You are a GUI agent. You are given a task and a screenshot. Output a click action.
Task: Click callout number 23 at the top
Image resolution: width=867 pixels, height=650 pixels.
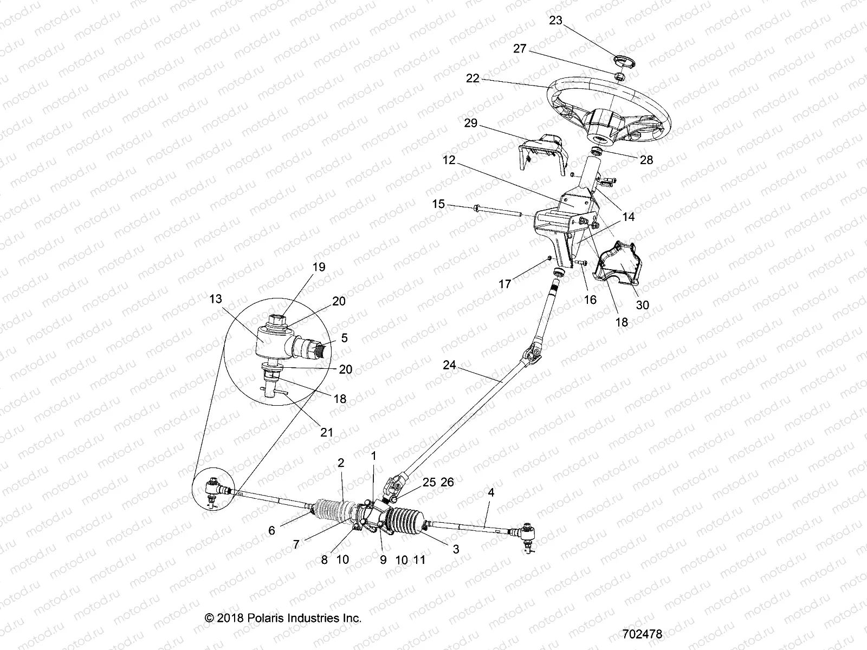click(555, 21)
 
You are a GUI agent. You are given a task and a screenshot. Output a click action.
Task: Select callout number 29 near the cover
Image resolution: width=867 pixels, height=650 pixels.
click(470, 123)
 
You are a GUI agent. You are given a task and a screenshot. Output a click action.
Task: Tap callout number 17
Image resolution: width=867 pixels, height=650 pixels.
click(504, 284)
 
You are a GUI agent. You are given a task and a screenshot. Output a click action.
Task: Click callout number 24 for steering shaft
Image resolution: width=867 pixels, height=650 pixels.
click(449, 365)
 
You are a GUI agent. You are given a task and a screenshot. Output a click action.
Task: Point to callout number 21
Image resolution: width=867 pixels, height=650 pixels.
click(326, 433)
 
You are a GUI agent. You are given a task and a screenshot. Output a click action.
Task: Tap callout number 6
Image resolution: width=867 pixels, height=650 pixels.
click(272, 530)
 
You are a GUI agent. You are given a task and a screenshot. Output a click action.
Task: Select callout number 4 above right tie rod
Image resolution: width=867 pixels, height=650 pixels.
click(491, 493)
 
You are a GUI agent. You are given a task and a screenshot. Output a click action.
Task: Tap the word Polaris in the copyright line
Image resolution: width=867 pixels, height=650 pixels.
click(266, 617)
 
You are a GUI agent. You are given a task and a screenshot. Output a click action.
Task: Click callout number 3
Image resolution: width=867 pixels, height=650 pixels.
click(456, 549)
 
